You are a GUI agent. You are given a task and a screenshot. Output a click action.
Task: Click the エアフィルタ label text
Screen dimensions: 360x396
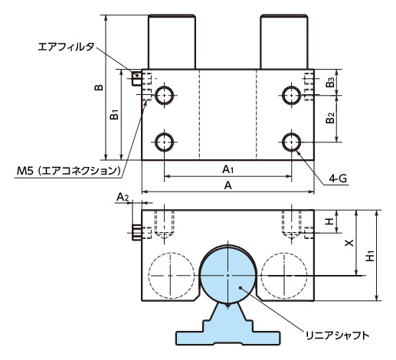(x=66, y=47)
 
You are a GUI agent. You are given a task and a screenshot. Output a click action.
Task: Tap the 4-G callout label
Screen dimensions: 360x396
(x=338, y=178)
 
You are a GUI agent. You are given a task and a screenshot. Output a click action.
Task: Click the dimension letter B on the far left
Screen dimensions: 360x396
(x=98, y=87)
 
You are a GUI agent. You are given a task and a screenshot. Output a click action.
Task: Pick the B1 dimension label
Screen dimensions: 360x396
(x=113, y=115)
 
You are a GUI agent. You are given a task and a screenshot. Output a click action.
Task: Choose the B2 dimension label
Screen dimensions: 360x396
(x=329, y=119)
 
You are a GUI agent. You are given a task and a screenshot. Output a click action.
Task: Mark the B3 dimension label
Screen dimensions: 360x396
(x=329, y=81)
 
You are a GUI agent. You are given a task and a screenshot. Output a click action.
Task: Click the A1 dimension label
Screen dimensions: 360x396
(x=227, y=168)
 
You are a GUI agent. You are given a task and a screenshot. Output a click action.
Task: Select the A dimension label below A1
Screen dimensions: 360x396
(x=227, y=185)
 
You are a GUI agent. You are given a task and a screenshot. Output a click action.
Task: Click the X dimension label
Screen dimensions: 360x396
(x=349, y=242)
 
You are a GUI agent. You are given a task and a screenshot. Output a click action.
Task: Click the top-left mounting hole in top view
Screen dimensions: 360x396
(x=164, y=95)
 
